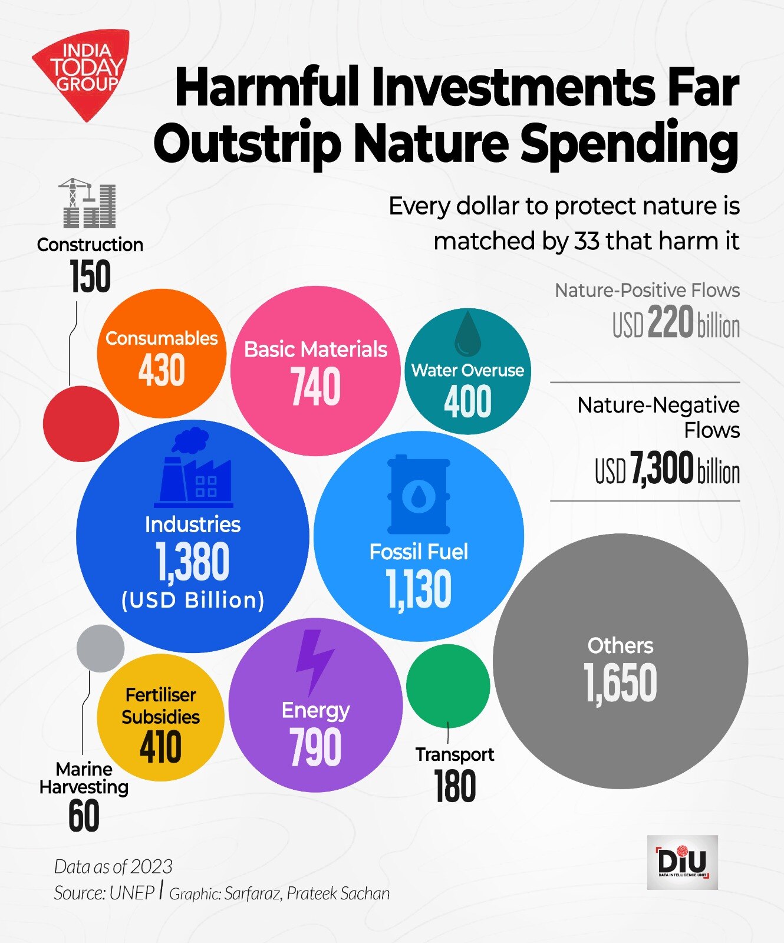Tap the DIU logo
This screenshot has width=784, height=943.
(682, 862)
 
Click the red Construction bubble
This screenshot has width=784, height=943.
(81, 424)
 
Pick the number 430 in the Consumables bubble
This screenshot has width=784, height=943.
(162, 370)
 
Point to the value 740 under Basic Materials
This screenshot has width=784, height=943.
(315, 387)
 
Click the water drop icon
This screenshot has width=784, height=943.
(467, 334)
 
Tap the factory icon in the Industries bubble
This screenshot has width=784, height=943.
(193, 468)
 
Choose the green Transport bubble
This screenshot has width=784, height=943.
(448, 685)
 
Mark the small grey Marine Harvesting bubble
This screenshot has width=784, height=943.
(101, 648)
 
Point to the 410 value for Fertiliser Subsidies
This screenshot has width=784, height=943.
(160, 747)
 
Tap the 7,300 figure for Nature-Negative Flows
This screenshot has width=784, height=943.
(662, 469)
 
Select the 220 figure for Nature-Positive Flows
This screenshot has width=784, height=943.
(671, 323)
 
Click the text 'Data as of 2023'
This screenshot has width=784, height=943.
(113, 866)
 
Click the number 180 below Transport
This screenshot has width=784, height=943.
(454, 786)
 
